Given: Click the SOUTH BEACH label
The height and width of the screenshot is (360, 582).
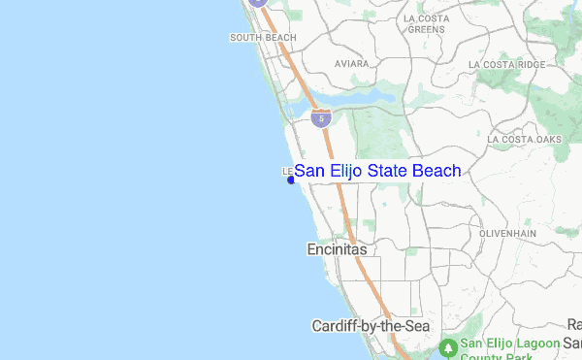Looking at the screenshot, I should coord(262,38).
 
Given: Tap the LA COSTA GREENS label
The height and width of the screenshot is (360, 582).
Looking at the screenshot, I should coord(426,24).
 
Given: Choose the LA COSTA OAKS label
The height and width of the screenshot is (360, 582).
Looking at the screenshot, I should coord(525,140).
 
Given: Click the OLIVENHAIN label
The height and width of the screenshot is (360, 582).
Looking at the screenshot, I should coord(510,234).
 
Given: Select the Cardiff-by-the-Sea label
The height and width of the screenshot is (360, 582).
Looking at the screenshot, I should coord(371,326).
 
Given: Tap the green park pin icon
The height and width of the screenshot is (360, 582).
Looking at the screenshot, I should coord(448,346).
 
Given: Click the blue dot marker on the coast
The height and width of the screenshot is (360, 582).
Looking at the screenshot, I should coord(291,180).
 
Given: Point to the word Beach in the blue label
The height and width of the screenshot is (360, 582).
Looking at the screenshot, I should coord(436,171).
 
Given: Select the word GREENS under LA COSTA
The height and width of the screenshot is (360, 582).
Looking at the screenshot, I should coord(426,30).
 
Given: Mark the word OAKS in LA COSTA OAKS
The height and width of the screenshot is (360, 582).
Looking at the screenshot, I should coord(547,140).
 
